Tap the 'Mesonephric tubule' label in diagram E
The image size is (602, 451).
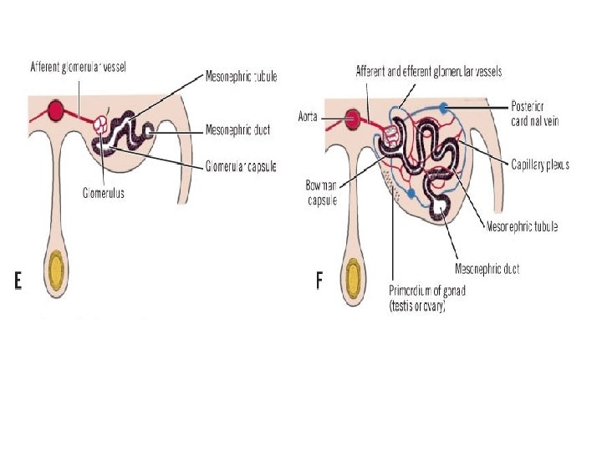tap(241, 77)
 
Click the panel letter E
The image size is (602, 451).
tap(18, 281)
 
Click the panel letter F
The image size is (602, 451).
tap(319, 281)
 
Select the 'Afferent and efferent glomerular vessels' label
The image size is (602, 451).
tap(429, 72)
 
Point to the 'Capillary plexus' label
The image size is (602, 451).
tap(540, 165)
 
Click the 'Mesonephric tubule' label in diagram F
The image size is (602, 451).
tap(522, 226)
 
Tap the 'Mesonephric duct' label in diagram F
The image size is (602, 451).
tap(487, 268)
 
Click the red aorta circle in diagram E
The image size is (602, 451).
tap(57, 110)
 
